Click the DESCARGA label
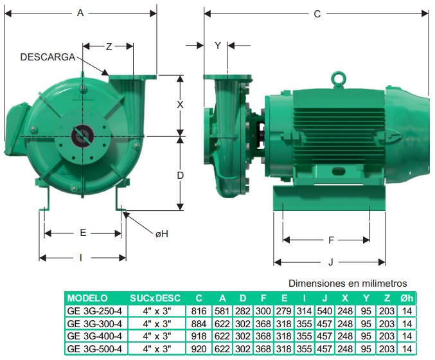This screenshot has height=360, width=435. pos(48,57)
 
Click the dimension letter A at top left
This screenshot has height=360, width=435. pos(80,13)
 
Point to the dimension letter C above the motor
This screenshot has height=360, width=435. pos(317,14)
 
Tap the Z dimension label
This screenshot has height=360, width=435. pos(109,47)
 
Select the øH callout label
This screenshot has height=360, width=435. pos(162,234)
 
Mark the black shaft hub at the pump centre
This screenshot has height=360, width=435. pos(82,136)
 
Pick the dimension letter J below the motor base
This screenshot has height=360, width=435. pos(330,262)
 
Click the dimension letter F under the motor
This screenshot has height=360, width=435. pos(331,240)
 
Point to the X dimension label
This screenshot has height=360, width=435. pos(180,105)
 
